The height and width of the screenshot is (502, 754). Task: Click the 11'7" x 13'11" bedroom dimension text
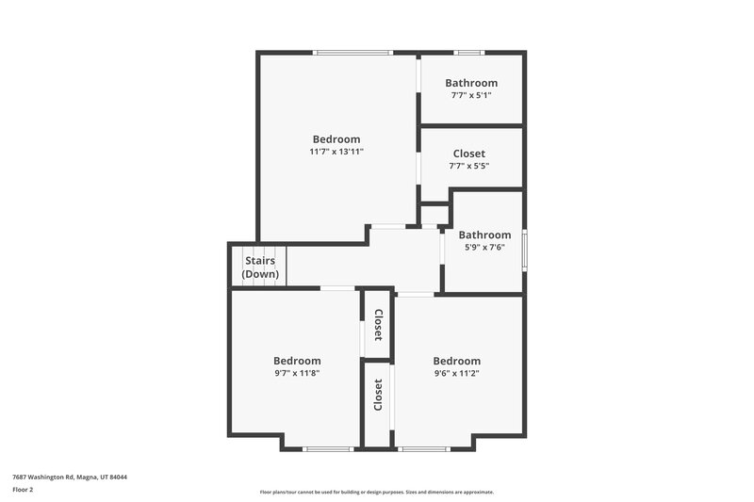[336, 152]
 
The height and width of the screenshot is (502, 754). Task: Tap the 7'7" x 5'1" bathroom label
[471, 95]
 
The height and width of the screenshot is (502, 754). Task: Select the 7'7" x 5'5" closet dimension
[468, 166]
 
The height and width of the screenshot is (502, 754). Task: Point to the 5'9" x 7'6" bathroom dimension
[484, 248]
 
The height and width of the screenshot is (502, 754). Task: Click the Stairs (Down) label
[260, 267]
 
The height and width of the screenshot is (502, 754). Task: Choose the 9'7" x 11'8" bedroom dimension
[297, 373]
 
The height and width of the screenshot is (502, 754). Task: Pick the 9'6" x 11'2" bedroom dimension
[456, 373]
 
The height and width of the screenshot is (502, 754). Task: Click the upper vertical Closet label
[378, 324]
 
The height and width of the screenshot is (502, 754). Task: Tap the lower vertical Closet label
[378, 395]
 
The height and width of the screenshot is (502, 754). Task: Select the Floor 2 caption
[24, 490]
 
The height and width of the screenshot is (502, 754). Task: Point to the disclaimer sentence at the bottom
[376, 492]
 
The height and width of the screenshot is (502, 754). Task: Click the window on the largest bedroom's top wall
[353, 52]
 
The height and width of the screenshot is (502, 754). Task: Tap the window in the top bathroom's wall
[468, 52]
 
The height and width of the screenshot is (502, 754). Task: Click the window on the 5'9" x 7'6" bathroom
[525, 249]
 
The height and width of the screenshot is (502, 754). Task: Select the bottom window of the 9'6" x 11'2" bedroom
[424, 448]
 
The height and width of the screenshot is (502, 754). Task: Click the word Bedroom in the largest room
[336, 139]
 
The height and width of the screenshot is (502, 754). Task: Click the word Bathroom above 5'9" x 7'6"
[484, 235]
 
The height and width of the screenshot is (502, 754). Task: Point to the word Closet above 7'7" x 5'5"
[468, 154]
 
